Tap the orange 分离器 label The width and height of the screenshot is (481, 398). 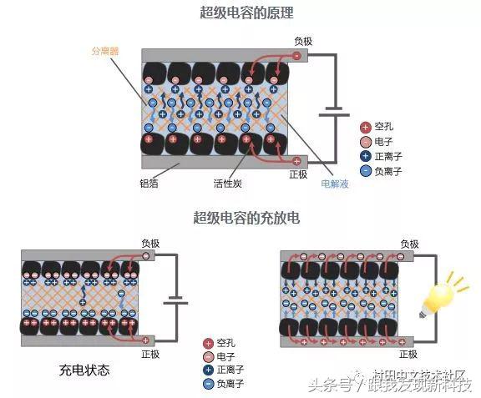[x=105, y=50]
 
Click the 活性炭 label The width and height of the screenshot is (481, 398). [x=228, y=182]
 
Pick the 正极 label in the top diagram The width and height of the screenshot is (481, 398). [x=299, y=174]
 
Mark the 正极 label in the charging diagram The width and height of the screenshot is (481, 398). [x=150, y=354]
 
